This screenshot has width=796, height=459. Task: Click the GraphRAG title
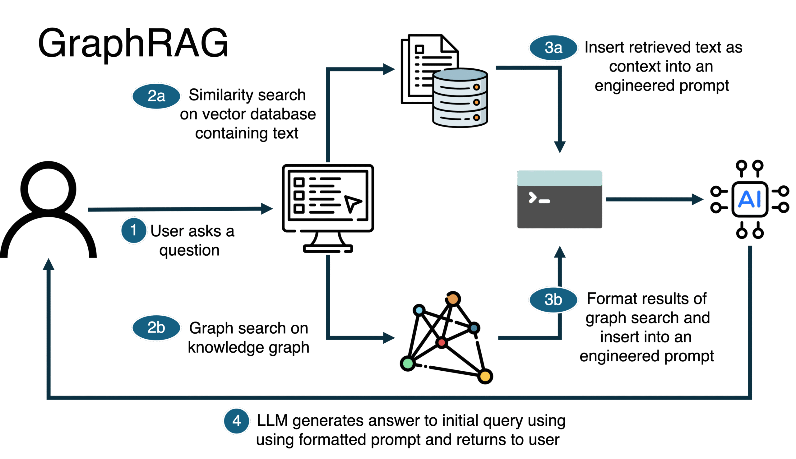tap(133, 44)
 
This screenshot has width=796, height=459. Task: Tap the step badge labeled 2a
tap(156, 96)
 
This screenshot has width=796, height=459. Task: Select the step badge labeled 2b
tap(156, 327)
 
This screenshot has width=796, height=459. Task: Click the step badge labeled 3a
tap(553, 48)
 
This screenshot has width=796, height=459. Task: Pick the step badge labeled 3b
tap(553, 299)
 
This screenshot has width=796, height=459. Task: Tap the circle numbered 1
tap(134, 230)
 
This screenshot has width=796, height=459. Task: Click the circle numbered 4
tap(236, 420)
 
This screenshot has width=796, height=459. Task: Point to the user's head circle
tap(48, 189)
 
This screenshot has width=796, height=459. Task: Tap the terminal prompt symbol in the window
tap(539, 198)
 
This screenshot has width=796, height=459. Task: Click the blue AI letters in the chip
tap(750, 199)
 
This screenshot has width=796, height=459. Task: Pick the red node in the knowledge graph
tap(442, 342)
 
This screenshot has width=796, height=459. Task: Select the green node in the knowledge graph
tap(408, 364)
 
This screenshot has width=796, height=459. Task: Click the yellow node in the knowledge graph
tap(485, 376)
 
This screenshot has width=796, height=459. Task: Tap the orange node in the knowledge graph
tap(453, 299)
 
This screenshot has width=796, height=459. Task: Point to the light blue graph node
tap(419, 310)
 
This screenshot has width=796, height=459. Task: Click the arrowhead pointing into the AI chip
tap(698, 199)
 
